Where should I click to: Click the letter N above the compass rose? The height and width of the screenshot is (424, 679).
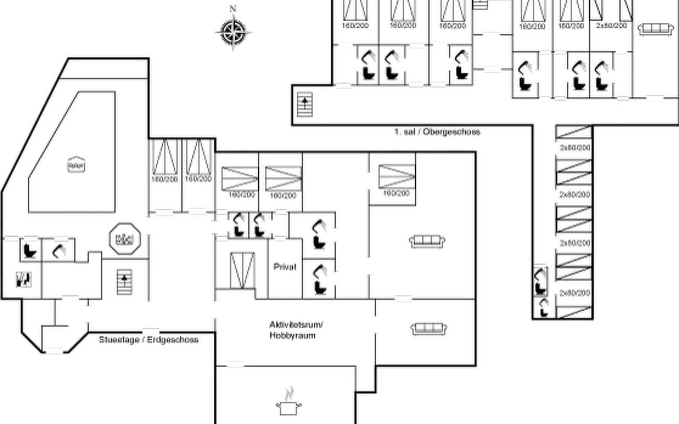coord(233,9)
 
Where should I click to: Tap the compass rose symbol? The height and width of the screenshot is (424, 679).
coord(233,33)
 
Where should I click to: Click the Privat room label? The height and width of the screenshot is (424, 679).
coord(285,267)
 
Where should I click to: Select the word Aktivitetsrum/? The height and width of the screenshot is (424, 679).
coord(296,325)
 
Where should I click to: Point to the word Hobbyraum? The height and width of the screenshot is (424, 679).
coord(292,336)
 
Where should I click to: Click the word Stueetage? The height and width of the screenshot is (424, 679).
coord(119,340)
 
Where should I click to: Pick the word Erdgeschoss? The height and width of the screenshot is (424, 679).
coord(173,340)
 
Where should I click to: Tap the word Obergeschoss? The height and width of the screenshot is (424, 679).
coord(452,132)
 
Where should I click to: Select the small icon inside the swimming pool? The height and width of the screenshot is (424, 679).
coord(76,165)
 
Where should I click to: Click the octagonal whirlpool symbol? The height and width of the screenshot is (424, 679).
coord(125,239)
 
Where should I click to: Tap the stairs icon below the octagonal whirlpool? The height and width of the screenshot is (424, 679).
coord(124,282)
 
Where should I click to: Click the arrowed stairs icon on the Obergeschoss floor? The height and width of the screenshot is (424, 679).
coord(305,104)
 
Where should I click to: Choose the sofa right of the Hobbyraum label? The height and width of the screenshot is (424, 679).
coord(429,329)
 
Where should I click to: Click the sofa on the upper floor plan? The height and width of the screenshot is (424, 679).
coord(655,29)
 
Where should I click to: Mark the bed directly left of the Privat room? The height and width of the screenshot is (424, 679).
coord(242,270)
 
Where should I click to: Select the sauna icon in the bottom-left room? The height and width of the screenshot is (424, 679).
coord(24,279)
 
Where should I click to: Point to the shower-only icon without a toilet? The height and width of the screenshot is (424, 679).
coord(59,251)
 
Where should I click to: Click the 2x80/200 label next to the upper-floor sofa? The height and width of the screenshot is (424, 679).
coord(611,26)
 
